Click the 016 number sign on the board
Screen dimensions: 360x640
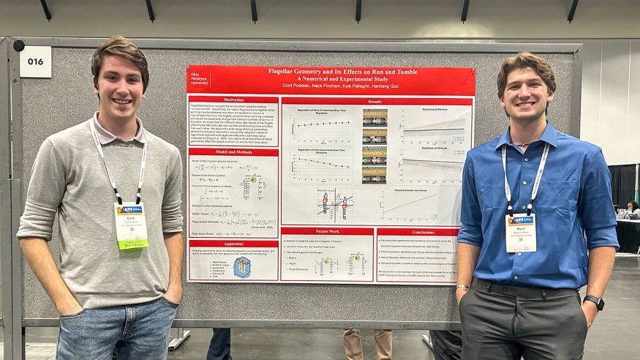(35, 61)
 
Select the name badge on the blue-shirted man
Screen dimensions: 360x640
(521, 231)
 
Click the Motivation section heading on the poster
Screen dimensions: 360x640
(233, 100)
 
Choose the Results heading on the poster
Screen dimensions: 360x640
(375, 101)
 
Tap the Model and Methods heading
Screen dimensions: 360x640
(233, 152)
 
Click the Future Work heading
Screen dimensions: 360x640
(327, 232)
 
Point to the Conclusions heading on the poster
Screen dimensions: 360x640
(416, 232)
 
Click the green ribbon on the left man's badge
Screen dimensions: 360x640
(133, 245)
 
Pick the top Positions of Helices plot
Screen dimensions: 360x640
(434, 124)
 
